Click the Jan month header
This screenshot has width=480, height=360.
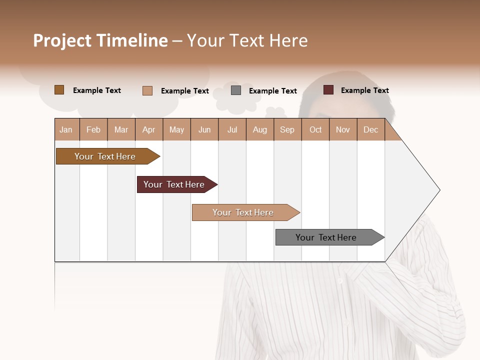(x=66, y=130)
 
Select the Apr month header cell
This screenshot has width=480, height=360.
(x=149, y=130)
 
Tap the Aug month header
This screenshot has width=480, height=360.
(x=259, y=130)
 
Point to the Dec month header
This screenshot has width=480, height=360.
(x=370, y=130)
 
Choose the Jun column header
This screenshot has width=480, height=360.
(x=204, y=130)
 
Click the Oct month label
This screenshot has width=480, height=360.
(x=315, y=130)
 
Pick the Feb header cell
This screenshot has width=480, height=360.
(x=93, y=130)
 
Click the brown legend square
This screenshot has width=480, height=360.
(x=59, y=90)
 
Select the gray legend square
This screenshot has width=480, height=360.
(x=236, y=90)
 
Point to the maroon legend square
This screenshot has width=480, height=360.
(x=328, y=90)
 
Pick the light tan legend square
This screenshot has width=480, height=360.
(x=147, y=90)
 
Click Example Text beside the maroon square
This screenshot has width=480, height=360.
(x=364, y=90)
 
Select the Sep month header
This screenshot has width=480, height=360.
(x=287, y=130)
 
